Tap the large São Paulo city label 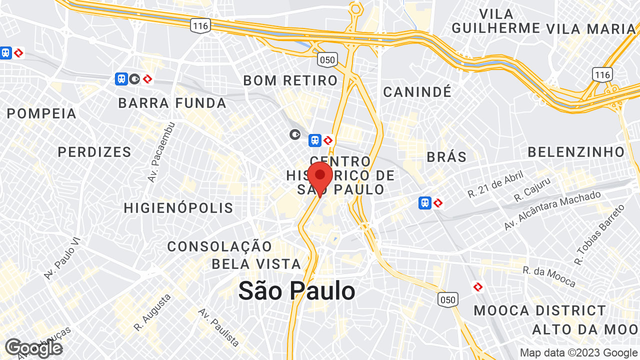(x=296, y=290)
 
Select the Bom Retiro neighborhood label (x=290, y=80)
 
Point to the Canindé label (x=417, y=92)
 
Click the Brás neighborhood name (x=446, y=156)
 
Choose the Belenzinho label (x=576, y=152)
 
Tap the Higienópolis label (x=178, y=207)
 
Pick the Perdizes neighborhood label (x=94, y=152)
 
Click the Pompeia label (x=41, y=113)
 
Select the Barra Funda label (x=172, y=103)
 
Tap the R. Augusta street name (x=152, y=312)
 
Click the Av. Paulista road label (x=219, y=327)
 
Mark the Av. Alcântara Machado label (x=552, y=210)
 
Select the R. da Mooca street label (x=549, y=276)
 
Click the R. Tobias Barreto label (x=600, y=234)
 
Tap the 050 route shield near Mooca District (x=447, y=299)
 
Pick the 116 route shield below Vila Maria (x=602, y=75)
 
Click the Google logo (x=33, y=348)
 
